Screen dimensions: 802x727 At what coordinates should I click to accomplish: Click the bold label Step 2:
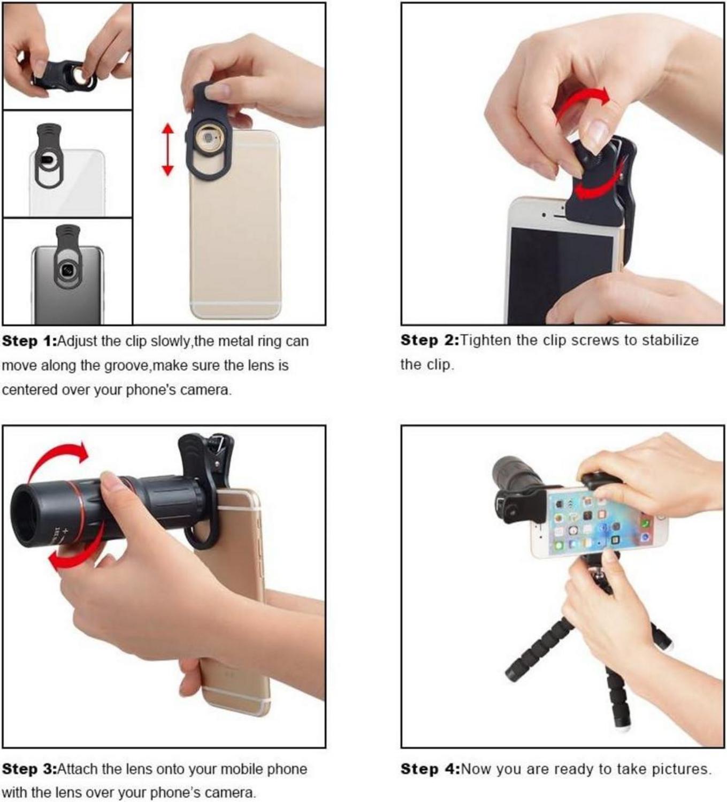430,340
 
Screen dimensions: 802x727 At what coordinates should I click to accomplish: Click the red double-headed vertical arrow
167,150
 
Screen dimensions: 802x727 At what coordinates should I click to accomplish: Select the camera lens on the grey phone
67,271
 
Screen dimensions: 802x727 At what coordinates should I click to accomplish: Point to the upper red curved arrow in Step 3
56,460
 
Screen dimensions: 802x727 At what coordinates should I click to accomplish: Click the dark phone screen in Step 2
559,273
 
